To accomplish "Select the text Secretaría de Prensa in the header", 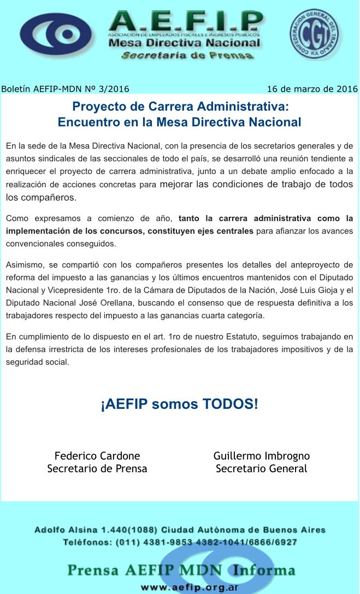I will point(187,56).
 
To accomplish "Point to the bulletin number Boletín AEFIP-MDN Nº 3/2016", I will point(65,88).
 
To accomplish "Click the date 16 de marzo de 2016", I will point(312,88).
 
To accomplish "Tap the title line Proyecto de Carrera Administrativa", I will point(180,106).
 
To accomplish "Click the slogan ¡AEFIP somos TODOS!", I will point(179,405).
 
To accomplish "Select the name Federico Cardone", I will point(97,455).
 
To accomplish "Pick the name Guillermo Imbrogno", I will point(262,455).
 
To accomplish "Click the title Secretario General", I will point(262,468).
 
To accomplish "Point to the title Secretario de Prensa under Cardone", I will point(97,468).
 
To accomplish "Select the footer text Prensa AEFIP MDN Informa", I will point(181,571).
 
